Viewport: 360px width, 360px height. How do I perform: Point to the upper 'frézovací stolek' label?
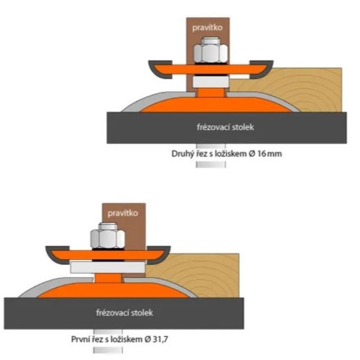[226, 127]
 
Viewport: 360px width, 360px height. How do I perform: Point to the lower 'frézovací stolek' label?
[124, 312]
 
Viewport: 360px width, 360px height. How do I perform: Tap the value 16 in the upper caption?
[262, 153]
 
